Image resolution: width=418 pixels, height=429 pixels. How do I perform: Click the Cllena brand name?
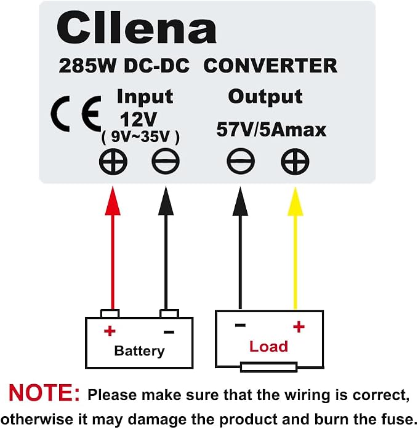(137, 28)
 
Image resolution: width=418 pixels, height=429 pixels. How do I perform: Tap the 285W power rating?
(87, 66)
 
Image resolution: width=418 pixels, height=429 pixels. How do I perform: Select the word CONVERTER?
(270, 66)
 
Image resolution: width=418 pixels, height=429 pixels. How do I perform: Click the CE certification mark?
(76, 114)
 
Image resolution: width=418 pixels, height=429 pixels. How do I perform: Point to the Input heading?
(145, 97)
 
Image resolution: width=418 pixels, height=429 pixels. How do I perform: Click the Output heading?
(265, 97)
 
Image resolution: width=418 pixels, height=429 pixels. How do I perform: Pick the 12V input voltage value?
(139, 120)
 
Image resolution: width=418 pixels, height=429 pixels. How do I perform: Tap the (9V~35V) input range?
(140, 136)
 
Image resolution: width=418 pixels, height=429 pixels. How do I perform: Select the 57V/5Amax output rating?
(271, 130)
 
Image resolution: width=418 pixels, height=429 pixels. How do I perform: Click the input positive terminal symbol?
(113, 162)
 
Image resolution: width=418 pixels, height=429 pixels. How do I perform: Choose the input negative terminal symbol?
(166, 162)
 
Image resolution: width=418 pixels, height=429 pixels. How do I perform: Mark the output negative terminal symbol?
(241, 162)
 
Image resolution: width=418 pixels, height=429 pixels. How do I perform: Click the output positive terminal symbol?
(295, 162)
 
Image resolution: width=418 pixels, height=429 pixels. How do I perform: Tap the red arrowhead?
(113, 201)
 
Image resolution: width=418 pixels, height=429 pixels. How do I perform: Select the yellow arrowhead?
(295, 201)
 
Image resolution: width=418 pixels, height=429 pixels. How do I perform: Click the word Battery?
(140, 351)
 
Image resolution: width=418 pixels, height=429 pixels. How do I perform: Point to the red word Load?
(268, 347)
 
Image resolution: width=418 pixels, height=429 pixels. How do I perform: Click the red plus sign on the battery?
(110, 331)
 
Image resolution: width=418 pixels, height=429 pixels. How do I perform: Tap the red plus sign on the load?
(299, 327)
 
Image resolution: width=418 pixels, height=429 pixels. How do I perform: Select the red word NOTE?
(44, 393)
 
